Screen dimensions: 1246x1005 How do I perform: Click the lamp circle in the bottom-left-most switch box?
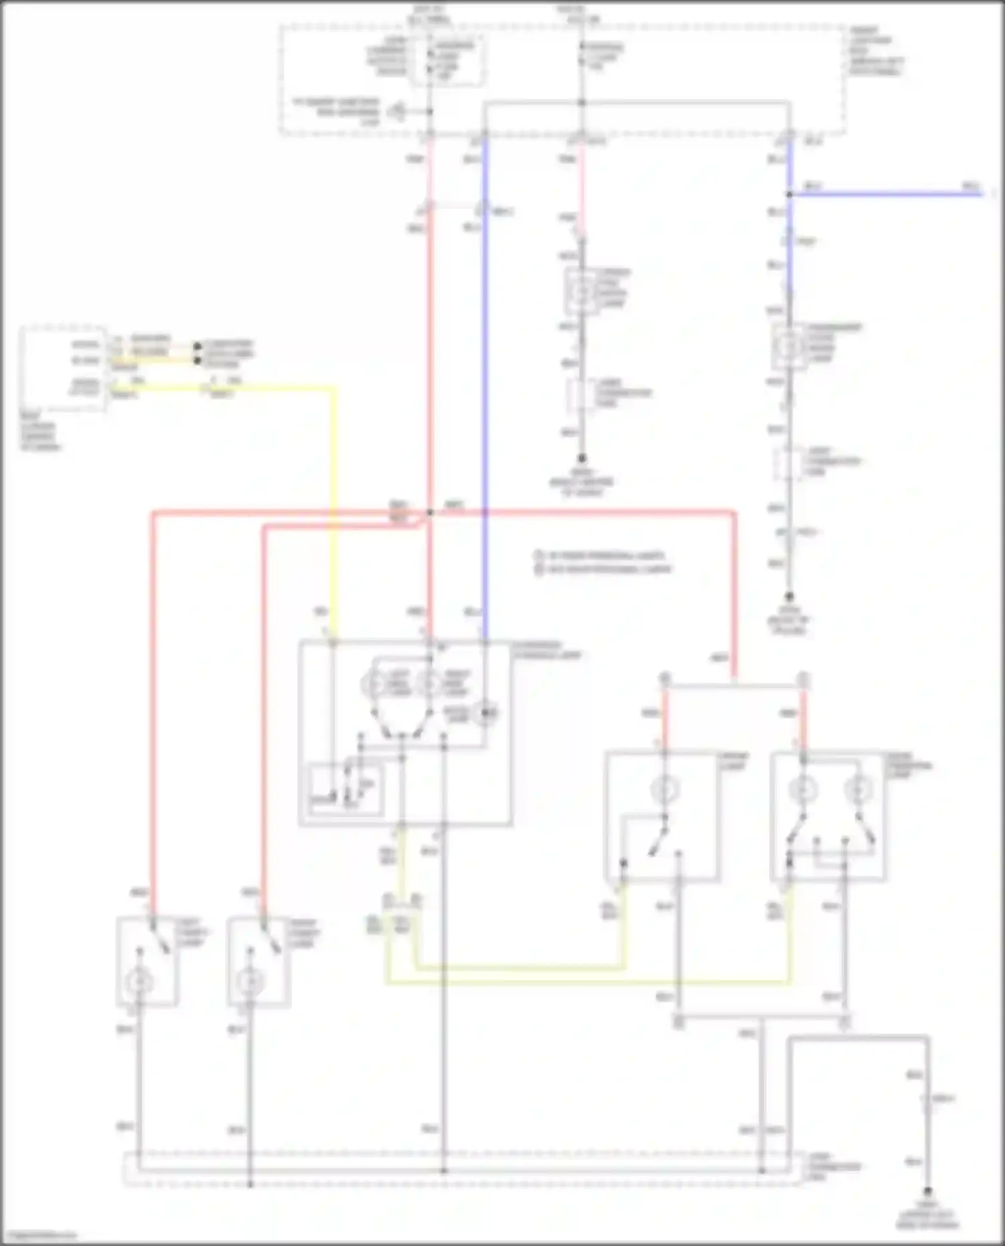click(139, 982)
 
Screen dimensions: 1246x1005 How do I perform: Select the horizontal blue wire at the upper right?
click(884, 194)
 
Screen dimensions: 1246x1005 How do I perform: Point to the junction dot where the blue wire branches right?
click(789, 194)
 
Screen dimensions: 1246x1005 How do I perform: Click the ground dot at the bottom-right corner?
click(928, 1192)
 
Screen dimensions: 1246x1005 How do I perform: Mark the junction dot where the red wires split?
click(429, 513)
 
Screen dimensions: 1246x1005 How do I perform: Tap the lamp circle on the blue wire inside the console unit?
click(485, 714)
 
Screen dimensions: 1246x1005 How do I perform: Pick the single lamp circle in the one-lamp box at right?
click(665, 790)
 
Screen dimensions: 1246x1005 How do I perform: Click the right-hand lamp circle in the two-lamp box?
click(856, 790)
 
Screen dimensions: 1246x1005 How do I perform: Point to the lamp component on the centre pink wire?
click(580, 292)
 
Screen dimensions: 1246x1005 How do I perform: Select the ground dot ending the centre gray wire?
click(582, 459)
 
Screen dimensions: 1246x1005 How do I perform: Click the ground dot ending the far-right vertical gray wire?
click(789, 595)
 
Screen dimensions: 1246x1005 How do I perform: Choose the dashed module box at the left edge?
click(64, 368)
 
